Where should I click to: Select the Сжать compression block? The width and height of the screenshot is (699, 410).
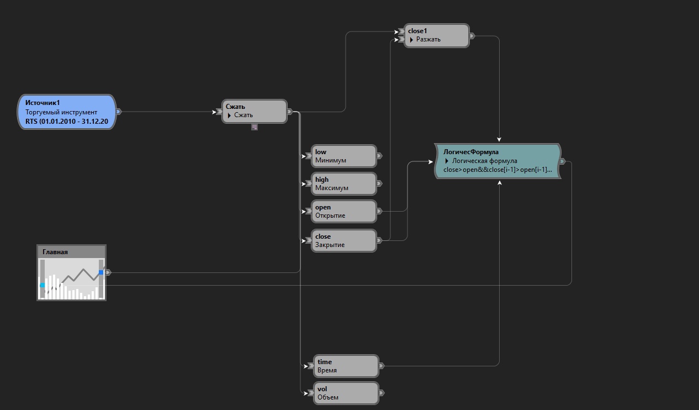[255, 111]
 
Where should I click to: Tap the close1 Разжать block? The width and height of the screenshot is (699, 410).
[436, 35]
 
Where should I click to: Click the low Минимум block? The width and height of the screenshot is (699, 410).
[344, 156]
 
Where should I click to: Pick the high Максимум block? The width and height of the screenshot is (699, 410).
[344, 183]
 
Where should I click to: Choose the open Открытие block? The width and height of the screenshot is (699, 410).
[344, 211]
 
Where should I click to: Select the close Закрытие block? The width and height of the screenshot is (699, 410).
[344, 240]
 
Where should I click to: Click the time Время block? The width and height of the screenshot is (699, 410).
[346, 366]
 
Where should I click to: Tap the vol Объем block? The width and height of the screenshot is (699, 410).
[346, 393]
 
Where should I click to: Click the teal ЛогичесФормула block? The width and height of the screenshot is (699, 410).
[497, 161]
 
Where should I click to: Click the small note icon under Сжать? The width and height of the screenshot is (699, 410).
[255, 127]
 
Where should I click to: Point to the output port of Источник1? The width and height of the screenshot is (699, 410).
[119, 112]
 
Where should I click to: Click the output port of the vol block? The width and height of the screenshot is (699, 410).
[382, 393]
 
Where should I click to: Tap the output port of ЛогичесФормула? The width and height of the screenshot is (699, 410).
[563, 161]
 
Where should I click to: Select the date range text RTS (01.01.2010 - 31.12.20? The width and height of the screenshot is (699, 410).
[67, 120]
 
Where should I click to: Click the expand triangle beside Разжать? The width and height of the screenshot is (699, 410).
[412, 40]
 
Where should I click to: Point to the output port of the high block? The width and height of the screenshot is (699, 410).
[379, 183]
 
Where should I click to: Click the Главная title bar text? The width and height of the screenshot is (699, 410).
[55, 252]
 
